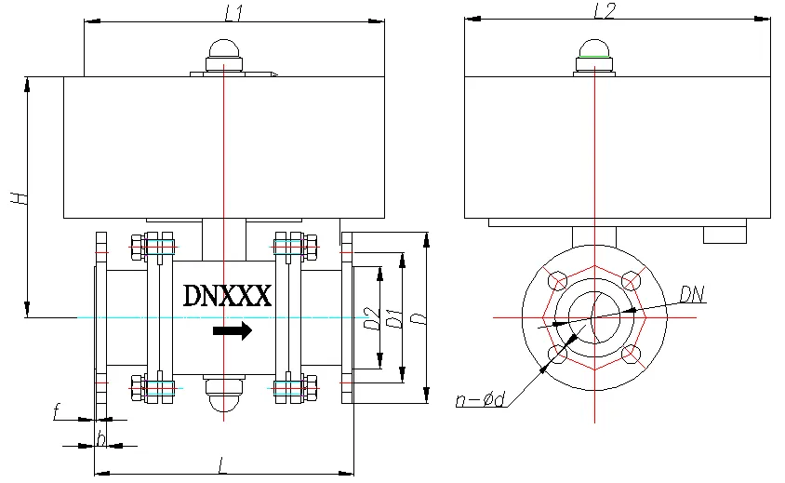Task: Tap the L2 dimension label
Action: click(605, 10)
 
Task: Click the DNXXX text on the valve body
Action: click(227, 295)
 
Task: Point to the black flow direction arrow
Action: click(233, 330)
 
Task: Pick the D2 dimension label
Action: click(371, 318)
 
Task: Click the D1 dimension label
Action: click(394, 318)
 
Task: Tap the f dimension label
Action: click(57, 412)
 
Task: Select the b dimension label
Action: click(100, 439)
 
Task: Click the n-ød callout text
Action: click(480, 400)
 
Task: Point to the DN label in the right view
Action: click(692, 295)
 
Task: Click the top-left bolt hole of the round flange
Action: click(558, 280)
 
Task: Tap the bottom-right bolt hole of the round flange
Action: click(631, 354)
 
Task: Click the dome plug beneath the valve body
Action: click(224, 393)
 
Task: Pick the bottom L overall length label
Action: click(222, 466)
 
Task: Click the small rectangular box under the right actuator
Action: click(725, 235)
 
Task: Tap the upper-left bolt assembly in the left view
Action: click(153, 247)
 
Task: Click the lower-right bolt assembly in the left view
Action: click(296, 388)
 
